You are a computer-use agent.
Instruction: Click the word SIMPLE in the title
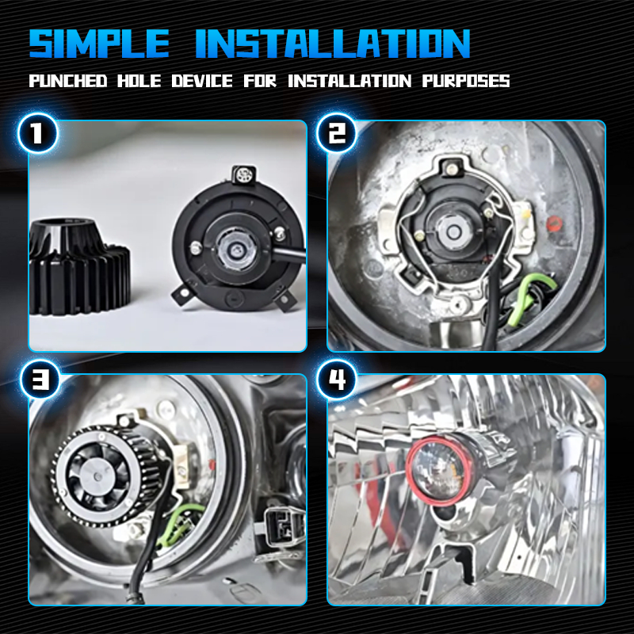tap(100, 44)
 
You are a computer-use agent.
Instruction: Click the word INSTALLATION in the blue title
tap(333, 44)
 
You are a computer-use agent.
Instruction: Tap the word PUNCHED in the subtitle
tap(68, 81)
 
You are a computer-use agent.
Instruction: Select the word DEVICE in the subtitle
tap(202, 81)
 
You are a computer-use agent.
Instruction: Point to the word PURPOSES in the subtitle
tap(466, 81)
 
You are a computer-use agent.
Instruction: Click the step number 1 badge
tap(37, 133)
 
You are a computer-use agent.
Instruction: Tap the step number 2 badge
tap(336, 133)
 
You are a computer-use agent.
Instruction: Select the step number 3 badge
tap(40, 380)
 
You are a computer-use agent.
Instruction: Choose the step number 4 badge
tap(336, 380)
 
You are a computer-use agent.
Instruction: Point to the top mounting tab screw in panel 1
tap(244, 174)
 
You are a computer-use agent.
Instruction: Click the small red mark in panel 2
tap(553, 223)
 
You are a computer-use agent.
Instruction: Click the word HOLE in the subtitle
tap(139, 81)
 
